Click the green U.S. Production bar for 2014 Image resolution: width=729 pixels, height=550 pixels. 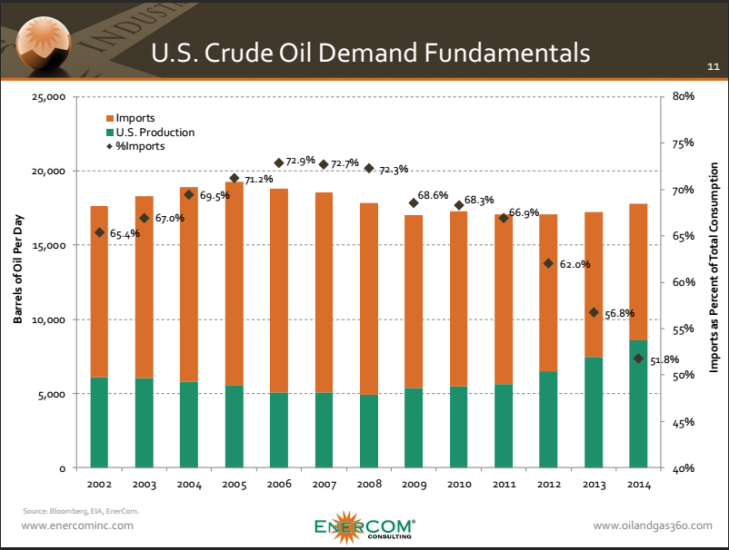coord(637,405)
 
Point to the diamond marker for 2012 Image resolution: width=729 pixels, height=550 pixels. coord(548,263)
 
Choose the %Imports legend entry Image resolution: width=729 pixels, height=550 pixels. coord(139,146)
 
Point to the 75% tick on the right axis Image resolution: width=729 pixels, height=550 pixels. coord(684,142)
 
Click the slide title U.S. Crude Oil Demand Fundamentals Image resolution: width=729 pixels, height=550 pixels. coord(369,52)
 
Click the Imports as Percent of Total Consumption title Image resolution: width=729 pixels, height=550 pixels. coord(714,270)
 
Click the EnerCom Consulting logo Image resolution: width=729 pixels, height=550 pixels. coord(364,527)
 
